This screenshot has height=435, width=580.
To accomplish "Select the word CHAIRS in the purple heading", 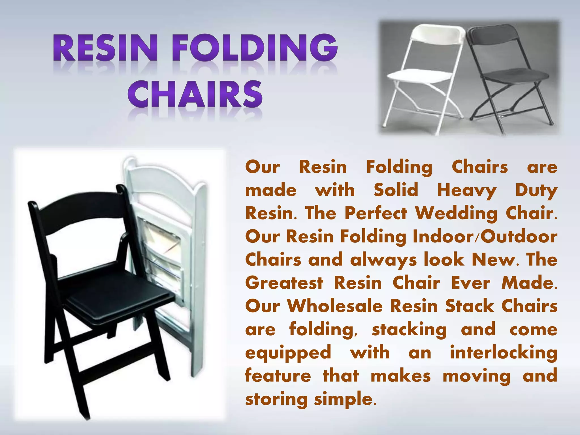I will pos(195,94).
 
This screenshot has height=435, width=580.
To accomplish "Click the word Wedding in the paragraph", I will pos(456,214).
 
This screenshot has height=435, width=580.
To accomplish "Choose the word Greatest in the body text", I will pos(284,283).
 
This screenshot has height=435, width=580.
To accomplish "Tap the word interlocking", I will pos(503,353).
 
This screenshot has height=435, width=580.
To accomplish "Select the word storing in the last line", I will pos(276,399).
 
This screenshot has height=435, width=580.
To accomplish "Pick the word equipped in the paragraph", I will pos(288,353).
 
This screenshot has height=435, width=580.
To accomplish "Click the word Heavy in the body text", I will pos(466,190).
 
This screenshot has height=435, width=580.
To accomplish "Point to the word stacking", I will pos(409,330).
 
